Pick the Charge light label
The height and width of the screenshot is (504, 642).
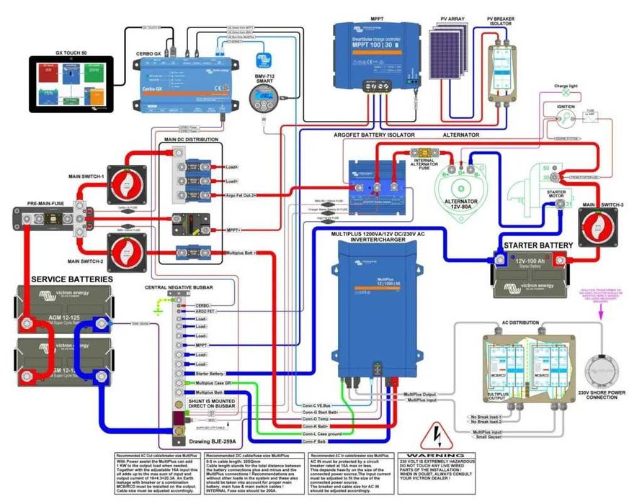[566, 86]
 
